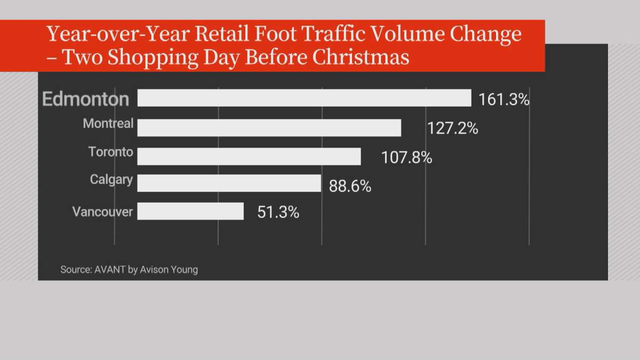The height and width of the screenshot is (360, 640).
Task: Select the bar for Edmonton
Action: pyautogui.click(x=304, y=98)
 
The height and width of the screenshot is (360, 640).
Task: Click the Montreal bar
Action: pyautogui.click(x=269, y=128)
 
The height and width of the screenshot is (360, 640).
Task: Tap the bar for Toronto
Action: pyautogui.click(x=249, y=156)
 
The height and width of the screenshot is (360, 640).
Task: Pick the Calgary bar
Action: pyautogui.click(x=229, y=183)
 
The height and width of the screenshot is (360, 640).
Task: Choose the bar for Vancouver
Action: pyautogui.click(x=190, y=211)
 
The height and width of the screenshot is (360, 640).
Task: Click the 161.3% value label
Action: pyautogui.click(x=503, y=100)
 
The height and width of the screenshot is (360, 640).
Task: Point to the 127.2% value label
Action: pyautogui.click(x=452, y=129)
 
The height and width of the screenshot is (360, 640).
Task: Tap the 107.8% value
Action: pyautogui.click(x=406, y=158)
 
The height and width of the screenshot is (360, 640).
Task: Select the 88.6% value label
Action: pyautogui.click(x=350, y=187)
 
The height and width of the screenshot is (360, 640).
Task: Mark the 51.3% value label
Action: pyautogui.click(x=278, y=212)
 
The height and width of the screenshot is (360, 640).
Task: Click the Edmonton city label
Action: pyautogui.click(x=85, y=99)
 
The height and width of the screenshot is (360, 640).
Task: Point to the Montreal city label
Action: pyautogui.click(x=108, y=124)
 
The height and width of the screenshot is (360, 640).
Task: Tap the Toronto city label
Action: pyautogui.click(x=110, y=152)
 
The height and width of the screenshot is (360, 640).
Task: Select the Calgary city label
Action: pyautogui.click(x=111, y=180)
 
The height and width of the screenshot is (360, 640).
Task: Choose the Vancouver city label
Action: pyautogui.click(x=102, y=212)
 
